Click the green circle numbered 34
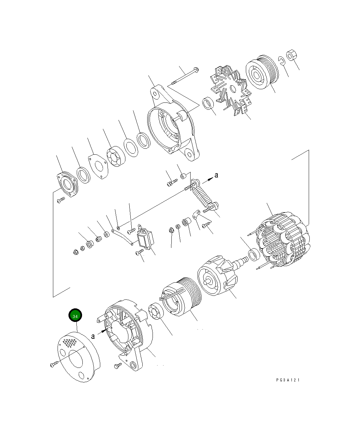pos(75,316)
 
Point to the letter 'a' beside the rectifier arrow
pos(216,175)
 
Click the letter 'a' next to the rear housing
pos(93,336)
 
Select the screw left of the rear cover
pos(54,364)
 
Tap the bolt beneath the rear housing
pos(118,366)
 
